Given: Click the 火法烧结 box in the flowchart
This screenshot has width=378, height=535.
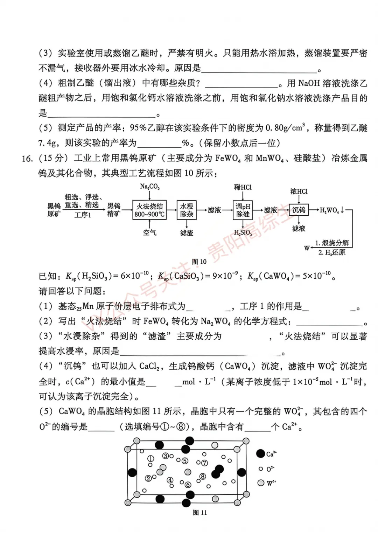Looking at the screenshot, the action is (x=149, y=210).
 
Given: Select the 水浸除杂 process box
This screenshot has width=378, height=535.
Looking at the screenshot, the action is (x=187, y=210).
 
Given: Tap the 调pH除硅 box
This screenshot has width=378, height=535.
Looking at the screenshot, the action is (x=243, y=210).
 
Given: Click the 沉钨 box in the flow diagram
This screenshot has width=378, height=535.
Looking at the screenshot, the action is (x=299, y=210).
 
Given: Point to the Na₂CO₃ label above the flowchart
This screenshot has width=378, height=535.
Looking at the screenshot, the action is (x=149, y=187).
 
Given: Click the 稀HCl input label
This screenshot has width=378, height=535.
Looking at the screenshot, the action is (x=243, y=187).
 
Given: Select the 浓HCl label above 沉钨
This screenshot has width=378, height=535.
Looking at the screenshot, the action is (x=299, y=191).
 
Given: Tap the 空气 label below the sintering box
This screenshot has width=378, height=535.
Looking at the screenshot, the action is (x=149, y=232).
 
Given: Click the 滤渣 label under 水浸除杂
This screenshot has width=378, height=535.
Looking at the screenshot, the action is (x=187, y=233).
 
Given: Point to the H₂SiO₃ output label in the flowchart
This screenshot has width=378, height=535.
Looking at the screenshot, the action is (x=243, y=232).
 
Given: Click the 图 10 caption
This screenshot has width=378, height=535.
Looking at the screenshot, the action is (x=199, y=262).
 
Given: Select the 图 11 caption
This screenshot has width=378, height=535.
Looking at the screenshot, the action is (x=200, y=513).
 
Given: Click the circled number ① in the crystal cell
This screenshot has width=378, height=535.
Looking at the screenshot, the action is (x=150, y=459).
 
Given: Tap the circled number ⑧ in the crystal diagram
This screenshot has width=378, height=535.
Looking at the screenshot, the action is (x=203, y=477).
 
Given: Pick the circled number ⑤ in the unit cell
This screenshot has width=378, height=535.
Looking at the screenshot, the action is (x=185, y=461).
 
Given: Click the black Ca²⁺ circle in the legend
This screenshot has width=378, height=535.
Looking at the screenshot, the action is (x=260, y=454).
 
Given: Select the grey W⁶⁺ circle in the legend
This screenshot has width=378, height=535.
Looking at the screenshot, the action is (x=261, y=483).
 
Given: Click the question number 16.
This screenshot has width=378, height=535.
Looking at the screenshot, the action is (x=27, y=159).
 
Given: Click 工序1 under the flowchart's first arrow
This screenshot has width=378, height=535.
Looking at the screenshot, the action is (x=83, y=215).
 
